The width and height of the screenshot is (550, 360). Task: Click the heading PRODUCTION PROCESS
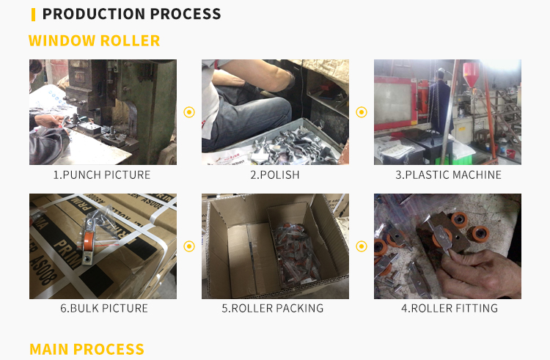click(131, 14)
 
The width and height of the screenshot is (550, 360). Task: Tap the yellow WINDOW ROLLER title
click(95, 40)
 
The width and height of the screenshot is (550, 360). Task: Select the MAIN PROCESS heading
click(87, 349)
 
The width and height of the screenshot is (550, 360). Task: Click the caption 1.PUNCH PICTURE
click(102, 175)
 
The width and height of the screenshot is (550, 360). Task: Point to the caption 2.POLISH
click(275, 175)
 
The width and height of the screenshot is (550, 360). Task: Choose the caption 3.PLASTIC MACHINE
click(448, 175)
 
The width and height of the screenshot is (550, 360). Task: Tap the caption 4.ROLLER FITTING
click(450, 308)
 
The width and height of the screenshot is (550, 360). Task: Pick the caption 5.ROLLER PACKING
click(273, 308)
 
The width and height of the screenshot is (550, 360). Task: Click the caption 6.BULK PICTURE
click(104, 308)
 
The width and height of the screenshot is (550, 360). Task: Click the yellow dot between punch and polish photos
click(189, 112)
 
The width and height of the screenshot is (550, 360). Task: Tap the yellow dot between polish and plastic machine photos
click(362, 112)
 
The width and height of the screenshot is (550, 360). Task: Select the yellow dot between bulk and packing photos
click(189, 246)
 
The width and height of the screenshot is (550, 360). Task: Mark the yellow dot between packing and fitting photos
click(362, 246)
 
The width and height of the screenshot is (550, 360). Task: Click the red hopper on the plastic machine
click(471, 74)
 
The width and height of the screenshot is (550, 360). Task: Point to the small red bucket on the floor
click(510, 153)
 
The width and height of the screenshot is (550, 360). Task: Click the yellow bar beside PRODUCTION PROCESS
click(33, 15)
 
